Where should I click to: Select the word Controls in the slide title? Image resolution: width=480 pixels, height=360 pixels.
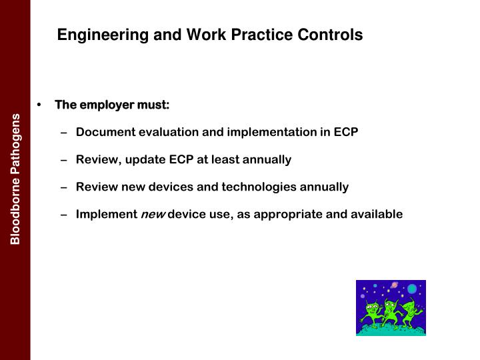331,35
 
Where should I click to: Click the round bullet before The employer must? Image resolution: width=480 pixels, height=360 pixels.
40,105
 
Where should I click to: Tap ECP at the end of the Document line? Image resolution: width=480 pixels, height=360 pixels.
345,132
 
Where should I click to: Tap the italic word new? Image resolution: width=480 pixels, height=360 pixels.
152,214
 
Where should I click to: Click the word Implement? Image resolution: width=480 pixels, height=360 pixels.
105,214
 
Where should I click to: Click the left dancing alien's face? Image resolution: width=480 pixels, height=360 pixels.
371,307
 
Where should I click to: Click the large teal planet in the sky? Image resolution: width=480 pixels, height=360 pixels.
412,289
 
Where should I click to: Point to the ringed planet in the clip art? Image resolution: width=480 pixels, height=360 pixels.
391,285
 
